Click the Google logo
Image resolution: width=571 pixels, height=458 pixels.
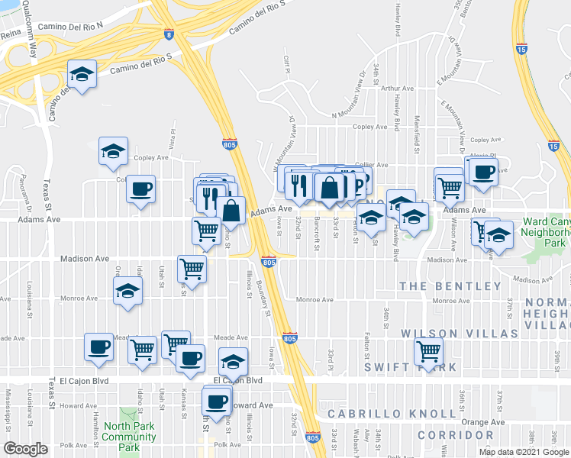pyautogui.click(x=26, y=449)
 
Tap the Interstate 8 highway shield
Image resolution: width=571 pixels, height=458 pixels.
pyautogui.click(x=168, y=34)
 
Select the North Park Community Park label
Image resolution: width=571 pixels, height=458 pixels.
pyautogui.click(x=129, y=432)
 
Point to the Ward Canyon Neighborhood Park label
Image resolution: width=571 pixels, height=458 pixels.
pyautogui.click(x=546, y=231)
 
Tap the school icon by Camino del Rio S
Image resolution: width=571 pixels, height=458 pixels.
pyautogui.click(x=82, y=74)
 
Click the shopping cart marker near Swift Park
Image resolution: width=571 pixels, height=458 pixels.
pyautogui.click(x=428, y=351)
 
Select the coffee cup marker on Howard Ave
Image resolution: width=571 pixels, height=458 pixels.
pyautogui.click(x=217, y=399)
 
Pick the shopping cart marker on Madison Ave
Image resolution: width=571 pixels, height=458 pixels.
pyautogui.click(x=192, y=267)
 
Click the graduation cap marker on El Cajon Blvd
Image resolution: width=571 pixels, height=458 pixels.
pyautogui.click(x=233, y=360)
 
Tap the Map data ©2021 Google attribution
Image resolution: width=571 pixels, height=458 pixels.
pyautogui.click(x=524, y=452)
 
